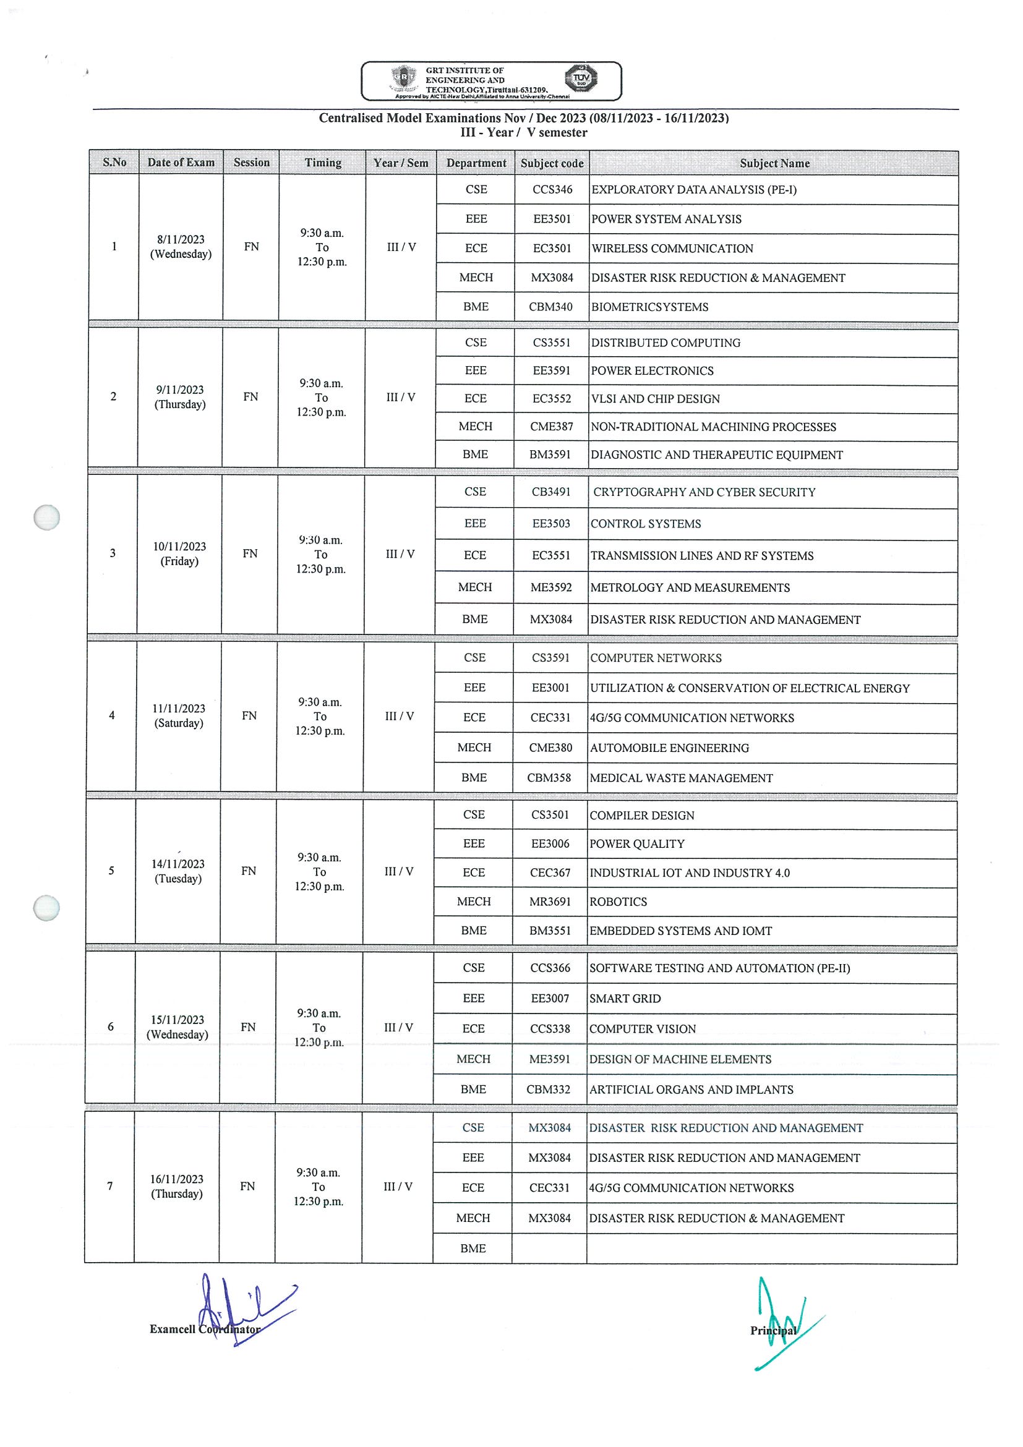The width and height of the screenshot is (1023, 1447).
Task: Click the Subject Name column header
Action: tap(774, 163)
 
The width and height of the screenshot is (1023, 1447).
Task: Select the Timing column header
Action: tap(323, 163)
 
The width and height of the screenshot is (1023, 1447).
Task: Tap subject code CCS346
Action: tap(552, 190)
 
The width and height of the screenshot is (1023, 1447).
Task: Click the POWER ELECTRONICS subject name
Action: tap(652, 371)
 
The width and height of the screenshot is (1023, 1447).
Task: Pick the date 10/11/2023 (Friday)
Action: tap(179, 554)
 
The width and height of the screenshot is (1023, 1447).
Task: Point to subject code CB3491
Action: tap(551, 492)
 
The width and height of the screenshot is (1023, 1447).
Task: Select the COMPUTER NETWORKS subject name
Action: tap(656, 658)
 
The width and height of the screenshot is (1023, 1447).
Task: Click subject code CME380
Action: tap(550, 748)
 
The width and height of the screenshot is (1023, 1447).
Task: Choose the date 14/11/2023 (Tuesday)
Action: tap(178, 871)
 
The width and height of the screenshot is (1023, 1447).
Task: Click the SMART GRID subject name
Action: tap(625, 999)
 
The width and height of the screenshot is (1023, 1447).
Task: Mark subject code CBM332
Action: tap(549, 1090)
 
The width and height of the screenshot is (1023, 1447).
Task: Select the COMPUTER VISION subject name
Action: tap(642, 1029)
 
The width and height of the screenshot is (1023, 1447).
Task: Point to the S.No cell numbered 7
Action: tap(110, 1187)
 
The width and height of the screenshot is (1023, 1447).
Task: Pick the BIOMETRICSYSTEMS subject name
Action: tap(649, 307)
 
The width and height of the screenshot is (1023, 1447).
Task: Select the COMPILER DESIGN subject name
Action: tap(641, 816)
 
